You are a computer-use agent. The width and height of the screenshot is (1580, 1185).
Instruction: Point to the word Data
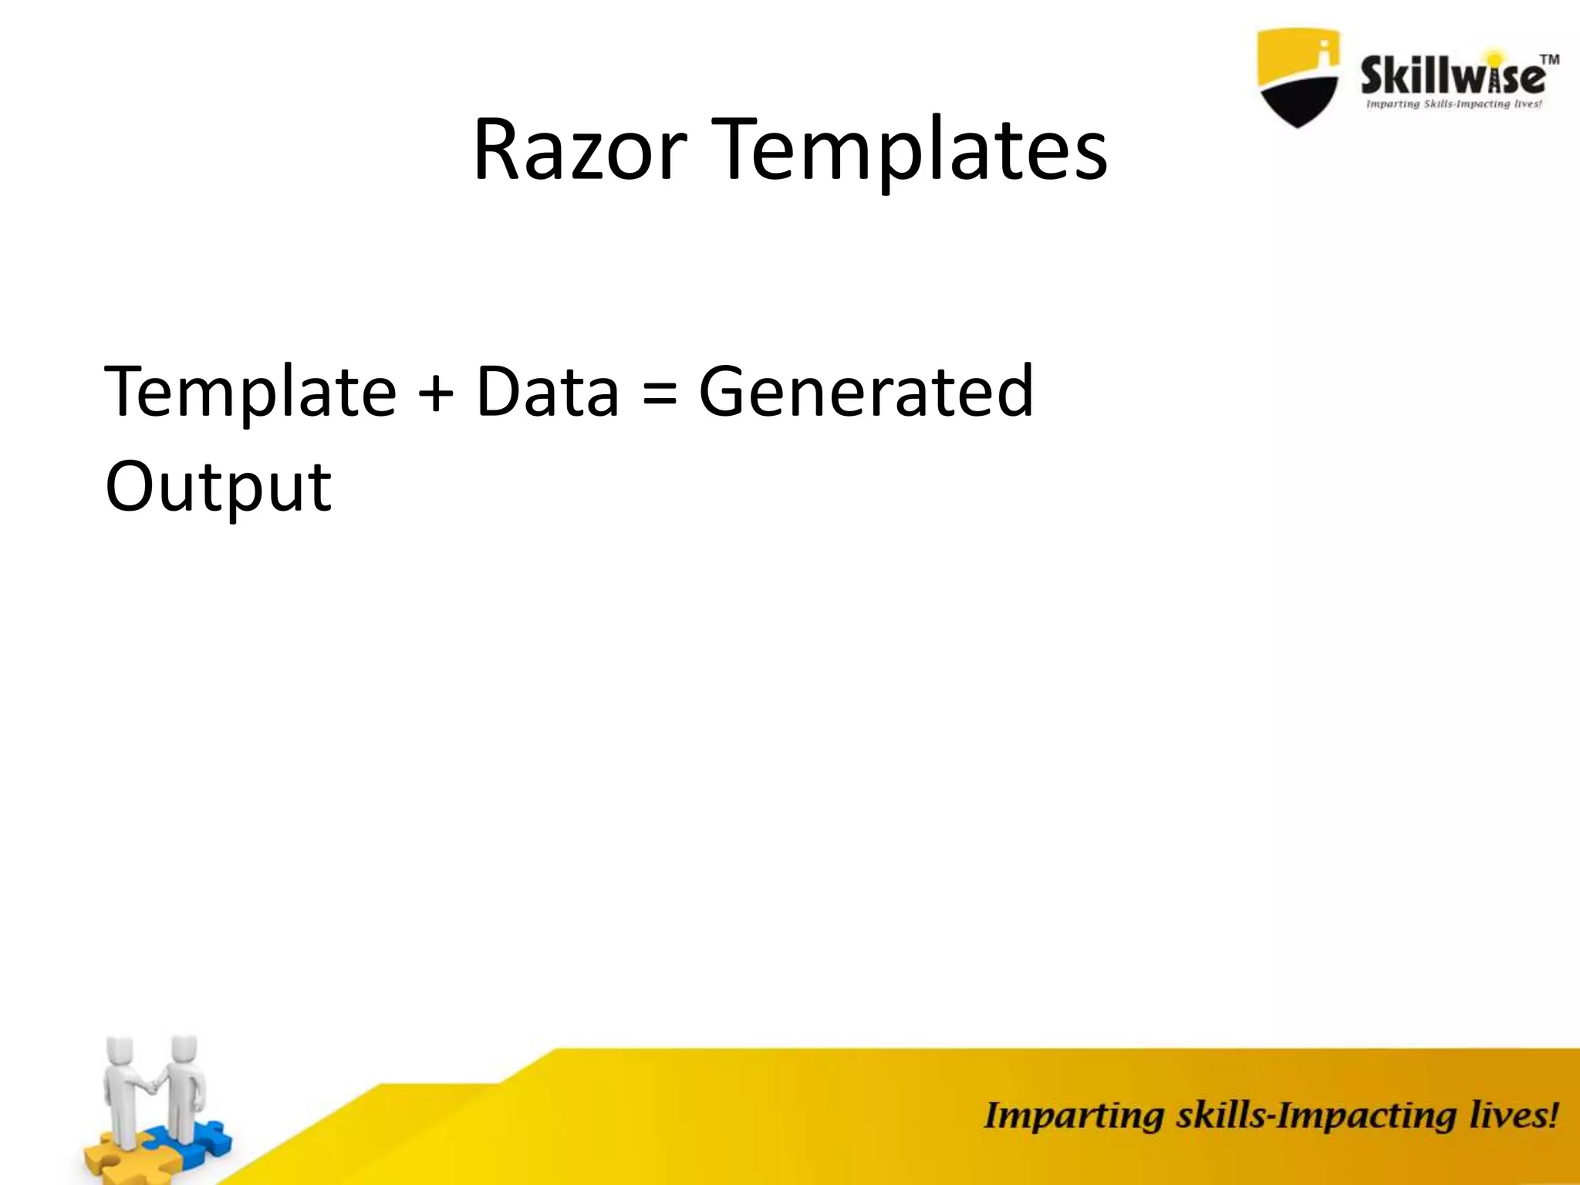pos(547,391)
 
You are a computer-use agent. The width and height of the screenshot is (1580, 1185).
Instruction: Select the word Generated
pos(866,391)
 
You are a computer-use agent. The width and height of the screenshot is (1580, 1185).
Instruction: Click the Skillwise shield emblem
pos(1298,77)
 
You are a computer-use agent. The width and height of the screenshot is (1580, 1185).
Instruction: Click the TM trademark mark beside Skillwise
pos(1548,59)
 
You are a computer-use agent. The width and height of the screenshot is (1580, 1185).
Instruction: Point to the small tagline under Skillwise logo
pos(1453,104)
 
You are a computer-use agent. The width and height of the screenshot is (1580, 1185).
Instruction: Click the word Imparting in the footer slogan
pos(1073,1116)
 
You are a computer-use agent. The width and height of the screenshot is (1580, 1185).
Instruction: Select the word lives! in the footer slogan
pos(1513,1116)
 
